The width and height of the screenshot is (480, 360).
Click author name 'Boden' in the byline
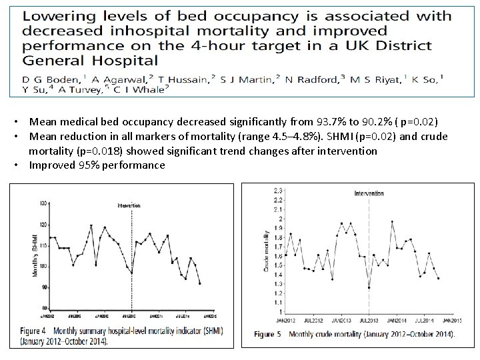click(51, 79)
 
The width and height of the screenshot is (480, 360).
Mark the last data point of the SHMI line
click(200, 283)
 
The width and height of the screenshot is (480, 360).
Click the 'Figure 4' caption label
click(32, 330)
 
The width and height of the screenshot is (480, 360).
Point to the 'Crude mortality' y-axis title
click(266, 251)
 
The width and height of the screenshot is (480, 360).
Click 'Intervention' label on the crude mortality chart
click(369, 193)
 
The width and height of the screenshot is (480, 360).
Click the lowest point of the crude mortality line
click(369, 287)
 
